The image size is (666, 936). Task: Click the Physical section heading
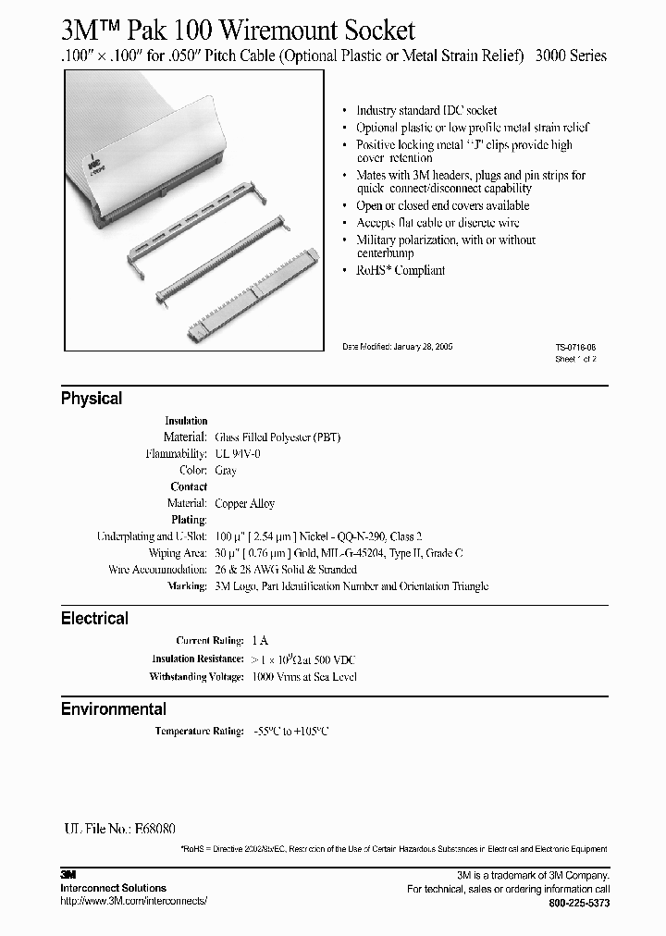[x=92, y=399]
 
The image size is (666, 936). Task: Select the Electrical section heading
[x=94, y=618]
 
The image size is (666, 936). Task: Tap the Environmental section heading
[x=114, y=709]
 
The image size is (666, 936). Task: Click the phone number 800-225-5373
[x=578, y=902]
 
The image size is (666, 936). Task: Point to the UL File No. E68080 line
[x=120, y=829]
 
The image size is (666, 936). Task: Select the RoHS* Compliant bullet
[x=401, y=271]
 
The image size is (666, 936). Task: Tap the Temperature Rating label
[x=199, y=732]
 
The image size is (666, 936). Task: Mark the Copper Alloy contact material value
[x=244, y=504]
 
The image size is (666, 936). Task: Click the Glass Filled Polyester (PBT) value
[x=277, y=437]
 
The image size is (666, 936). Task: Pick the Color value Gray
[x=226, y=470]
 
